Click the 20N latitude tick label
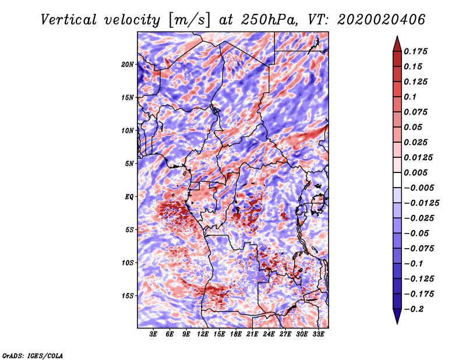[127, 64]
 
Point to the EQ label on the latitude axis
[129, 196]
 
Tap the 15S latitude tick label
[127, 296]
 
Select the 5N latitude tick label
[129, 164]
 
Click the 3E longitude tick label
[153, 334]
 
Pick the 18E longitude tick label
[236, 334]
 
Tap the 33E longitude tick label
[318, 334]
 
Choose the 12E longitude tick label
[203, 334]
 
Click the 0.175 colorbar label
[415, 51]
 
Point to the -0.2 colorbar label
[414, 309]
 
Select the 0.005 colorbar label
[415, 172]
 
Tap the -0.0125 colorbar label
[421, 203]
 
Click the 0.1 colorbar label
[410, 97]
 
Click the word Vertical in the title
[69, 20]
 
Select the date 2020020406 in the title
[382, 20]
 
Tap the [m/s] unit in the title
[189, 20]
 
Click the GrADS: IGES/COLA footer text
[33, 355]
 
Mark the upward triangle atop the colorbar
[397, 44]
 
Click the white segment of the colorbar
[397, 180]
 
